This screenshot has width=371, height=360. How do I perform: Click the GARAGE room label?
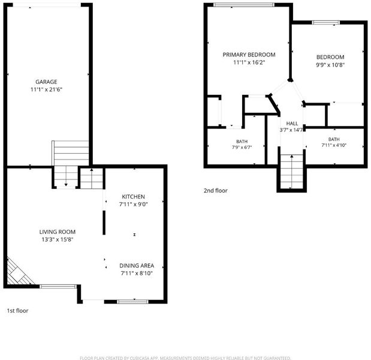46,82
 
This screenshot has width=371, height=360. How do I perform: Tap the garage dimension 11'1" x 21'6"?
46,89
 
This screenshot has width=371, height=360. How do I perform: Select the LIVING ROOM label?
58,232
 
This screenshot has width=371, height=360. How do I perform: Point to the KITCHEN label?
133,197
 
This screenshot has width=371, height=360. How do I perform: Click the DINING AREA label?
137,265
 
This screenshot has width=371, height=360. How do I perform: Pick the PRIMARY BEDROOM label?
249,55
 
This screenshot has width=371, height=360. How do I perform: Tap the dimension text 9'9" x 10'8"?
330,65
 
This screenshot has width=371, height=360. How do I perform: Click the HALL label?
292,124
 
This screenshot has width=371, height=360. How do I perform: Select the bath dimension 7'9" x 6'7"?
242,148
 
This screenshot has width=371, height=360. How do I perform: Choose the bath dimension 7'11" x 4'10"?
334,145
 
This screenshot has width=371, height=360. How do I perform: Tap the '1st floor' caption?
17,311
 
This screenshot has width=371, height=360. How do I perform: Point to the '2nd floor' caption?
216,190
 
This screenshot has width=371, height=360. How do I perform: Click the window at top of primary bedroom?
244,5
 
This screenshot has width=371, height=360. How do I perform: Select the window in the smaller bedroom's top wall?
326,23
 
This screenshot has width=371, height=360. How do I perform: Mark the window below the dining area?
132,301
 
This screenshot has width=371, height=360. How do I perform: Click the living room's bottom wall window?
58,287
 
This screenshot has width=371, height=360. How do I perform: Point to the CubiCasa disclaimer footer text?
185,358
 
